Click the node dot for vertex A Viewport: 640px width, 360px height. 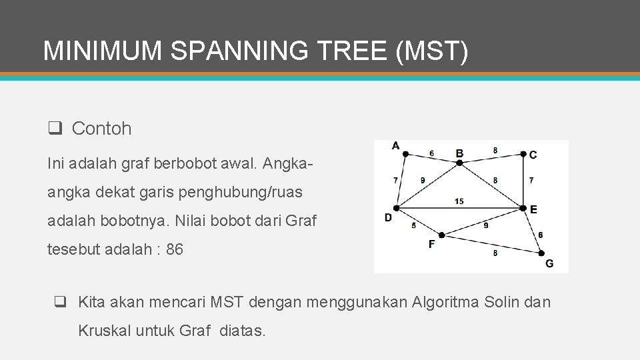[x=406, y=154]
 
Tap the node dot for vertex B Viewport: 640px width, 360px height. [x=459, y=163]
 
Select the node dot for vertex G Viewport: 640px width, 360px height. [x=541, y=253]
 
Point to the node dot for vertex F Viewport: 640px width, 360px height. [x=441, y=235]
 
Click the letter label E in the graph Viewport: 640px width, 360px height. [x=533, y=209]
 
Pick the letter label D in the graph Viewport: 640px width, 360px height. [x=388, y=217]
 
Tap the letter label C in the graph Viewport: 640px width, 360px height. [x=532, y=155]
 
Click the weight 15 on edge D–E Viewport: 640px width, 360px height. [x=459, y=201]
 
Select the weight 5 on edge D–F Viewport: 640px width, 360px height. [x=413, y=225]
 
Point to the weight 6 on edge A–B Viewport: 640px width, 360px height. [x=431, y=153]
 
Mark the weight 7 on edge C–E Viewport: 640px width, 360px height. [x=531, y=180]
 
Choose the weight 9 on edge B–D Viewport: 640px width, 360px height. [x=422, y=180]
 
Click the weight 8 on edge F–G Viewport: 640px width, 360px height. [x=494, y=253]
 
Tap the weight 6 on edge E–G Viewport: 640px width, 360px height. [x=540, y=235]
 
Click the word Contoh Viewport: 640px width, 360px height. [x=101, y=129]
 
